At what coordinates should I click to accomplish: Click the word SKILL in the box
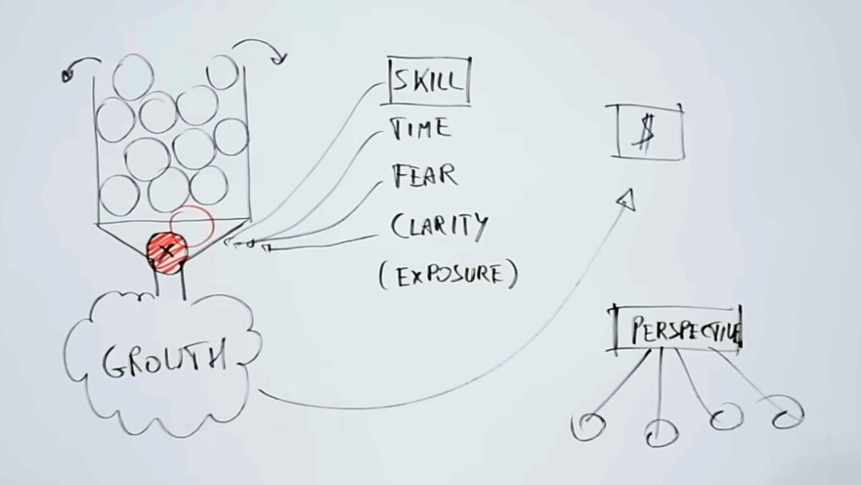(x=427, y=81)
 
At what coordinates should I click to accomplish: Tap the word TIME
(x=420, y=128)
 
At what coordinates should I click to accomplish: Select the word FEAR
(x=424, y=175)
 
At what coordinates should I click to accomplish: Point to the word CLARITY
(x=439, y=226)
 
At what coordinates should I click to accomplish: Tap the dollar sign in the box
(x=643, y=133)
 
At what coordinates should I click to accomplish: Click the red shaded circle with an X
(x=167, y=251)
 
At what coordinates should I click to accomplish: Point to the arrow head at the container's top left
(x=68, y=75)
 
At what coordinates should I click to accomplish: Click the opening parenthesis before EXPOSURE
(x=382, y=275)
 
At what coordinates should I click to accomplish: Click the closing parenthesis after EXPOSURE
(x=513, y=274)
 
